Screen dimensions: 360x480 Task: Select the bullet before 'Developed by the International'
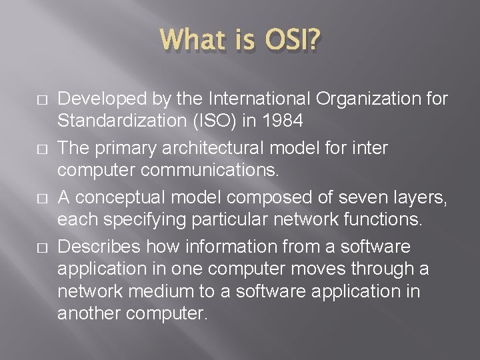23,101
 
